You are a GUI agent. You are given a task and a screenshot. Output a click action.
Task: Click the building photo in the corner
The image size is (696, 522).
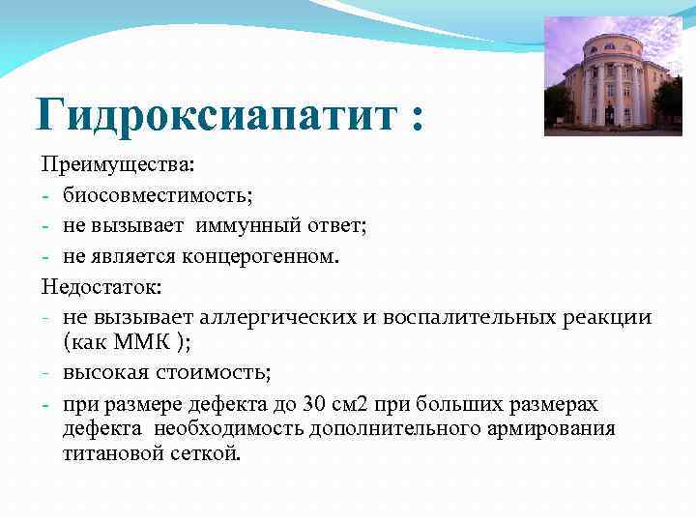tap(613, 75)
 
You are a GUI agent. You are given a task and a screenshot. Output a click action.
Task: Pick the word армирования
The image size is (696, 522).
tap(555, 428)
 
